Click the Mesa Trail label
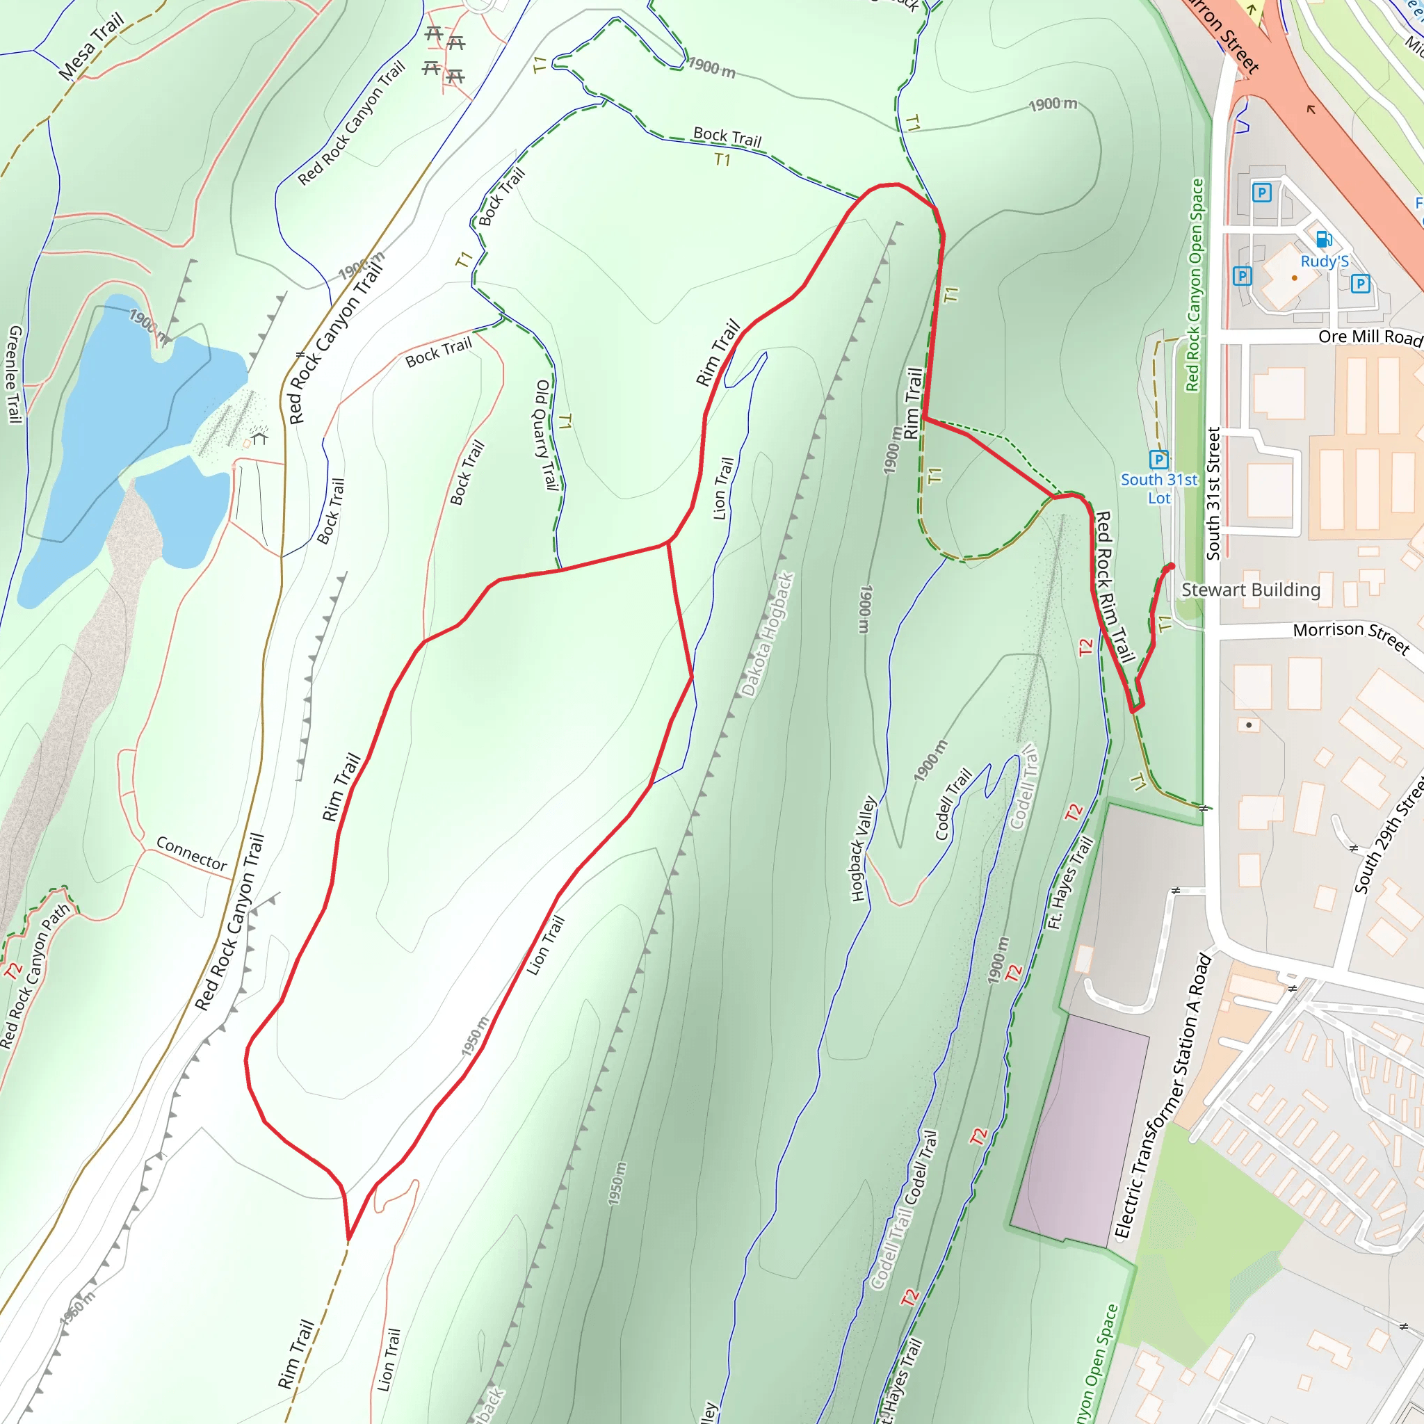91,47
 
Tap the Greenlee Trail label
14,375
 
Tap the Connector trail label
192,854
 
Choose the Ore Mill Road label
1370,337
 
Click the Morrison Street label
1351,638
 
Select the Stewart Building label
1251,590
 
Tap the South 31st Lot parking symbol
1158,459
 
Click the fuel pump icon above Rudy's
1324,240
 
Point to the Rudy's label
1325,261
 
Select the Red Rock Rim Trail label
1114,587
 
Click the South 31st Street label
1213,493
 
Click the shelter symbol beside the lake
259,439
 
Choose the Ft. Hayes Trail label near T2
1069,882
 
